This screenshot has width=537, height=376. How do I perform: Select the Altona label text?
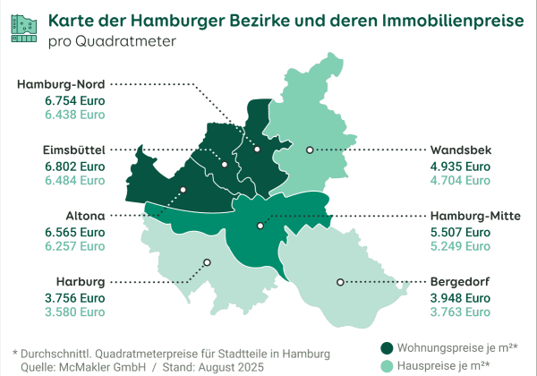coord(86,216)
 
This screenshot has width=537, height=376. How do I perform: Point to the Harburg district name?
coord(81,280)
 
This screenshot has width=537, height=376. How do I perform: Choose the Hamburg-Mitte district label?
coord(475,216)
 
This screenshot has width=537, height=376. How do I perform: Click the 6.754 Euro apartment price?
coord(75,101)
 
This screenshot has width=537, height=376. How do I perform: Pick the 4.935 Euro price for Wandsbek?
coord(461,166)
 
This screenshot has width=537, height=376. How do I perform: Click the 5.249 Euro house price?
coord(461,245)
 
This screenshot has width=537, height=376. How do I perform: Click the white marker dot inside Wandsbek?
coord(310,150)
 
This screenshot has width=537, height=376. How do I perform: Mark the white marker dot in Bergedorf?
coord(340,282)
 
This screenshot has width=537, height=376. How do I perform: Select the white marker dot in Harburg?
coord(207,263)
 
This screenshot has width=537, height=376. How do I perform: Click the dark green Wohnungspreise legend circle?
coord(387,348)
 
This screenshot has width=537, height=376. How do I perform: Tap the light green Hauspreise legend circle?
coord(387,365)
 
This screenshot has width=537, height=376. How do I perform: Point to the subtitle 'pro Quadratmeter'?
coord(112,41)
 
